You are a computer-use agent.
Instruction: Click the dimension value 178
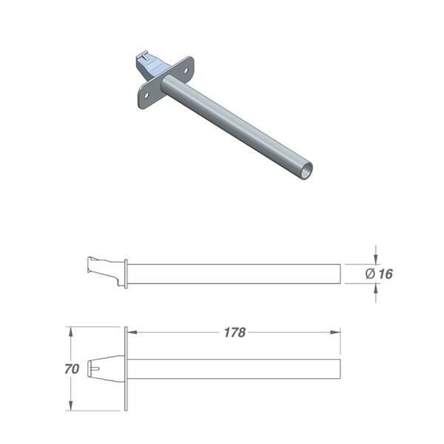(235, 332)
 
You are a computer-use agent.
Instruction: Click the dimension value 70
(72, 369)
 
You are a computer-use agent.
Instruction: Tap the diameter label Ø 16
(379, 274)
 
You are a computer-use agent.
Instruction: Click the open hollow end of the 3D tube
(306, 172)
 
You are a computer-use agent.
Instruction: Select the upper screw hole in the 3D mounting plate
(186, 70)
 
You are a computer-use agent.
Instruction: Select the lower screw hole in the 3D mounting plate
(147, 95)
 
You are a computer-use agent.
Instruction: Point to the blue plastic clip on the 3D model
(151, 66)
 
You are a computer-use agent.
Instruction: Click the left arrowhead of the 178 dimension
(132, 332)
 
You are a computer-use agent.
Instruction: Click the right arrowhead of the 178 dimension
(335, 332)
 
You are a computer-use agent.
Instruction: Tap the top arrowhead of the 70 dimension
(71, 332)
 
